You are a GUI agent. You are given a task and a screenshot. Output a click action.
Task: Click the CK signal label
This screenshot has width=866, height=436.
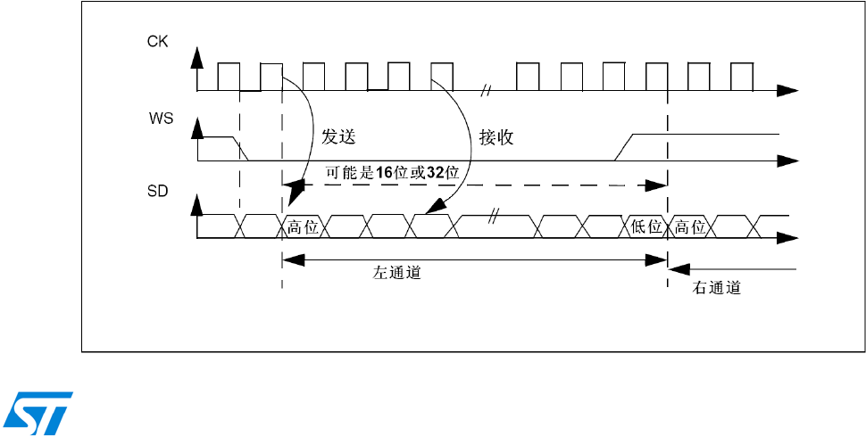[x=157, y=41]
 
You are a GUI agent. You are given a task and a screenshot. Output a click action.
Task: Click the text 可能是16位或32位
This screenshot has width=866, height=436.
[x=392, y=172]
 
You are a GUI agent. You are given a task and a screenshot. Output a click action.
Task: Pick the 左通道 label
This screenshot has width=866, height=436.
[x=396, y=274]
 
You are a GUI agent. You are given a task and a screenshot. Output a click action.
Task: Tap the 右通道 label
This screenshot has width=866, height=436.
[x=717, y=289]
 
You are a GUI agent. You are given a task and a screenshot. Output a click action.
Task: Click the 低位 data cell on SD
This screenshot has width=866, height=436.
[x=646, y=226]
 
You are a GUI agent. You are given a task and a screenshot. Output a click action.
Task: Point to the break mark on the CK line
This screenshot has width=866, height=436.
[x=487, y=90]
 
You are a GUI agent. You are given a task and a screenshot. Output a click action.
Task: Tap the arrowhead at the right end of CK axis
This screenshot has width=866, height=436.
[x=787, y=90]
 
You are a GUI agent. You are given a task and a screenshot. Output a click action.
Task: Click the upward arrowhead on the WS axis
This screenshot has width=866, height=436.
[x=198, y=130]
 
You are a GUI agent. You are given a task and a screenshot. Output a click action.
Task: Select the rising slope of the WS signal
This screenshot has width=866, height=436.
[x=625, y=147]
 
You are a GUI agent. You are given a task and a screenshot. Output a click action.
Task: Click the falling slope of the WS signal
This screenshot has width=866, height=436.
[x=239, y=148]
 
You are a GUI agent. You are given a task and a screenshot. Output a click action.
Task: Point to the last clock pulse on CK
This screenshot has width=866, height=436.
[x=741, y=77]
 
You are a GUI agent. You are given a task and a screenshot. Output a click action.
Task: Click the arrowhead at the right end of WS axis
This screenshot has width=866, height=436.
[x=787, y=160]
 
